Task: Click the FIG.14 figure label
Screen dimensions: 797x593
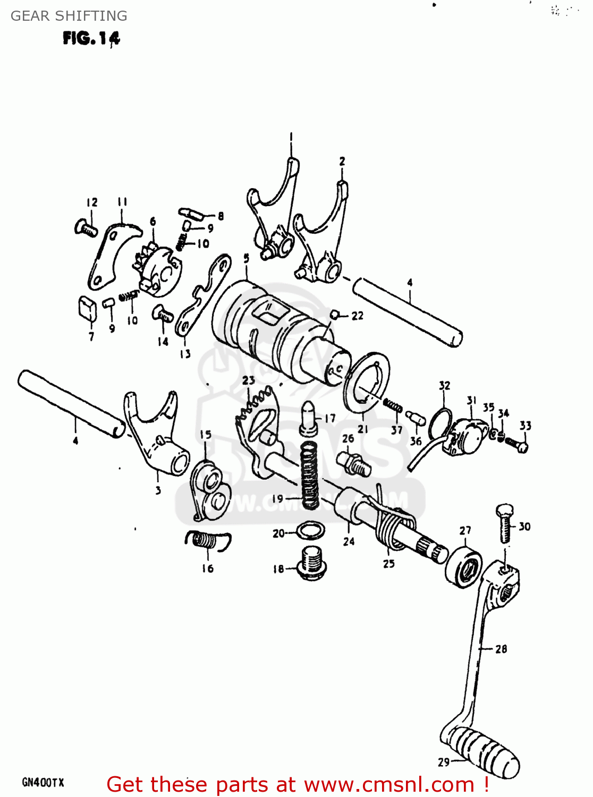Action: pyautogui.click(x=91, y=38)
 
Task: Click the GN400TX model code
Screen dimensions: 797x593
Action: pyautogui.click(x=43, y=782)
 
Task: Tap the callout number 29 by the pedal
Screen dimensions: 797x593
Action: pyautogui.click(x=444, y=762)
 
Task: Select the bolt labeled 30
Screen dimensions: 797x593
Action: pyautogui.click(x=505, y=523)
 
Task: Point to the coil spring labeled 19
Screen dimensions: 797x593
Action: pyautogui.click(x=309, y=474)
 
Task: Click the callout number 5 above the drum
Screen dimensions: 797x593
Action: pyautogui.click(x=246, y=258)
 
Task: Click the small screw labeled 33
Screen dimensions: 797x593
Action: pyautogui.click(x=515, y=443)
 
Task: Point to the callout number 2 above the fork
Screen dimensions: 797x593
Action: pyautogui.click(x=342, y=160)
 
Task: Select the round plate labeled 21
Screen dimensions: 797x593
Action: pyautogui.click(x=367, y=381)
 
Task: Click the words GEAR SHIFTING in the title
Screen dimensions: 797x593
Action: pyautogui.click(x=69, y=16)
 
